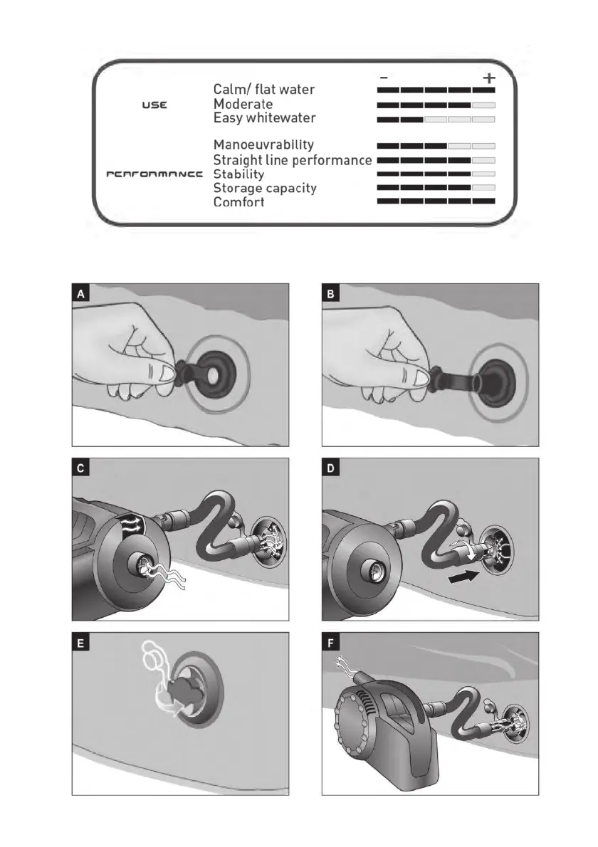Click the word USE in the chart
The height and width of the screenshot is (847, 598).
[x=154, y=105]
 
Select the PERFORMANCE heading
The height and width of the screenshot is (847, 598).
[x=154, y=174]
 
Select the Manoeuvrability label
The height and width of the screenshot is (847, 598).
[x=263, y=146]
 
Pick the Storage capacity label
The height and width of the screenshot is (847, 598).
[x=265, y=189]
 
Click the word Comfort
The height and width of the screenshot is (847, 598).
[x=239, y=202]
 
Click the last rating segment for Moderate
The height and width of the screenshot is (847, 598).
[x=483, y=105]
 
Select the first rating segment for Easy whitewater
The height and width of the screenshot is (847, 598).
[x=388, y=119]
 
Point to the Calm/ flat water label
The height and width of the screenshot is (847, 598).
[x=264, y=90]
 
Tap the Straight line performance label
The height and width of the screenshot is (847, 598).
[x=293, y=160]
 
